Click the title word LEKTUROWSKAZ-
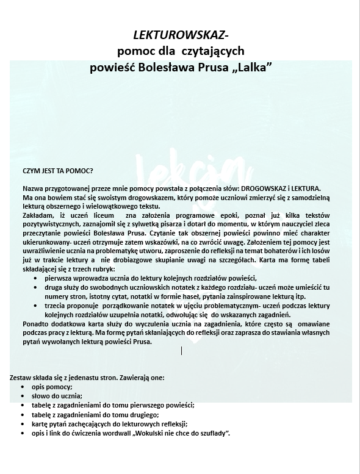pos(181,34)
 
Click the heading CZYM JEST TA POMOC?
pos(57,171)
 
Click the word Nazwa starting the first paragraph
pos(33,190)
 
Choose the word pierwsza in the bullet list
pos(59,278)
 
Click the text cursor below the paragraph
pos(181,350)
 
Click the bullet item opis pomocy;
pos(52,387)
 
